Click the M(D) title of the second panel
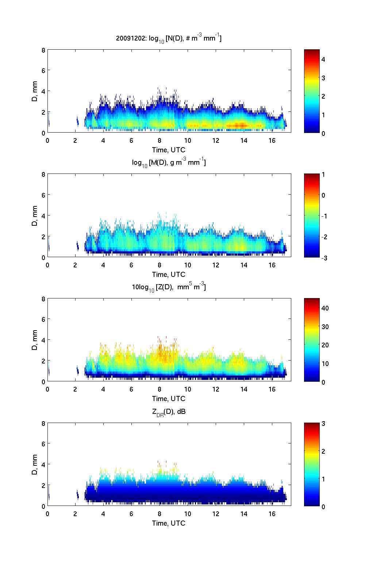click(169, 162)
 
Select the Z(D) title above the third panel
click(169, 287)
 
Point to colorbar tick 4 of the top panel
click(323, 59)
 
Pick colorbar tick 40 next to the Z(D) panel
click(325, 308)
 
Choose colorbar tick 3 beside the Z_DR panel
click(323, 424)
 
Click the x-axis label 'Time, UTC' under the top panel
click(169, 150)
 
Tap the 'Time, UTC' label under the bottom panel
click(169, 523)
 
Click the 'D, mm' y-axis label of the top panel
click(35, 91)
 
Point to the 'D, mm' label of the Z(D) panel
click(35, 340)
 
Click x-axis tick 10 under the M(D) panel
click(188, 266)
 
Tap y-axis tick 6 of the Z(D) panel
click(43, 319)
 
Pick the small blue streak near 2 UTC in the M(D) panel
click(77, 246)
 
